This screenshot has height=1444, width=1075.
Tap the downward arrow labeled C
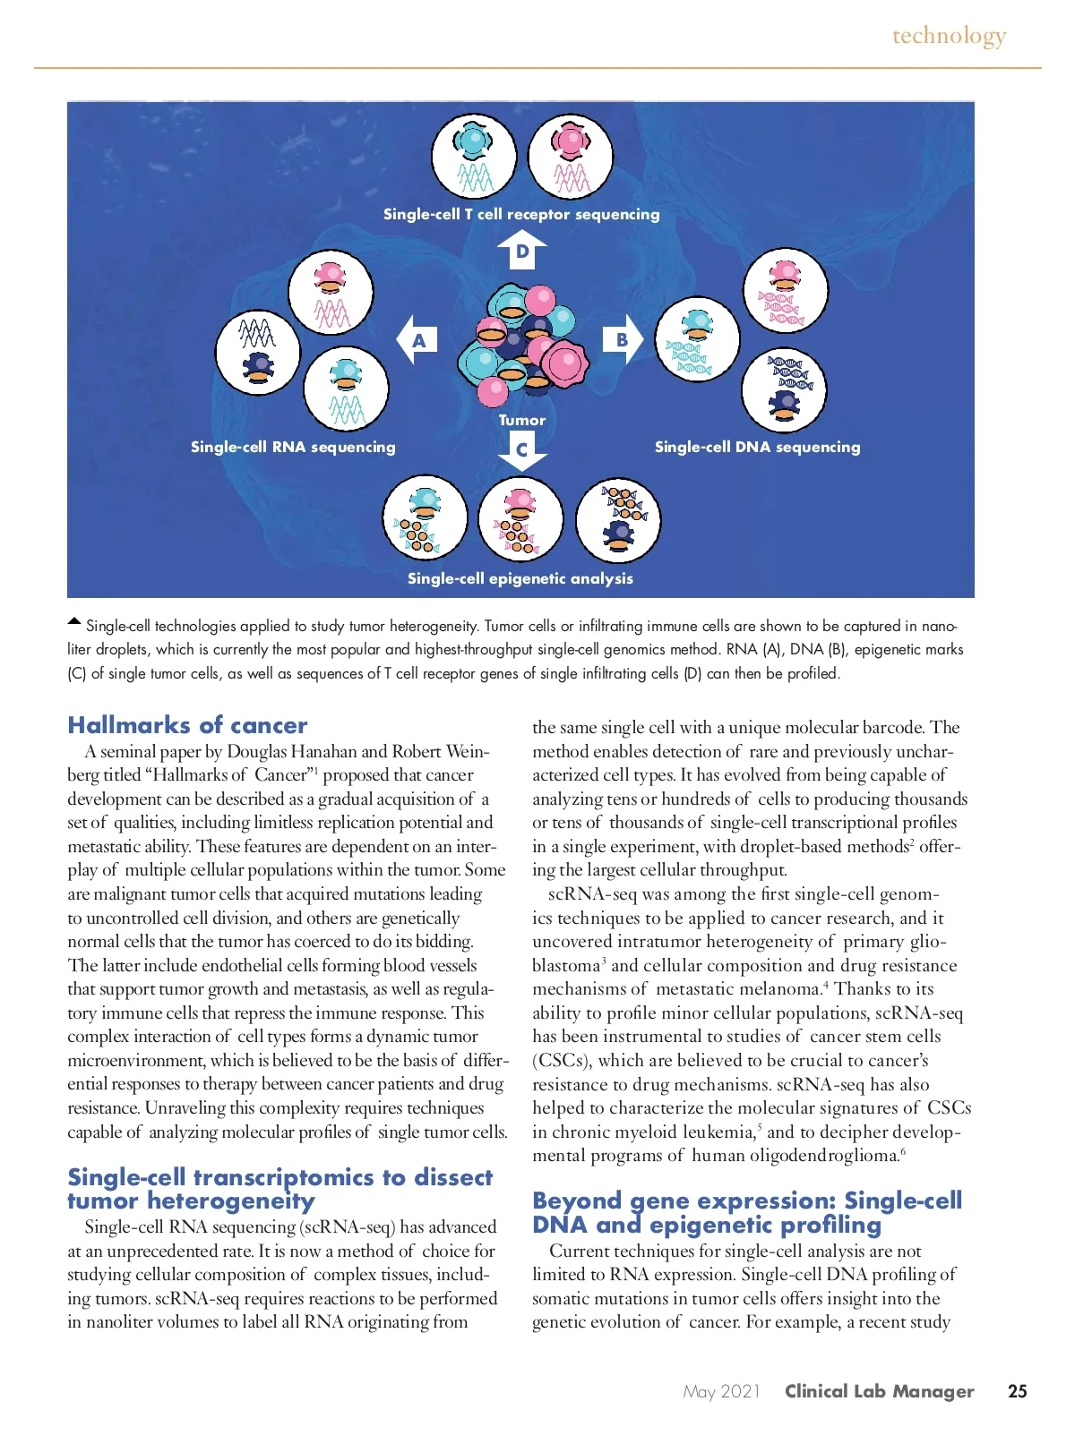522,450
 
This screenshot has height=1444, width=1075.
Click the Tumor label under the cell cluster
522,420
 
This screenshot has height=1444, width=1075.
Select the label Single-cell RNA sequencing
293,447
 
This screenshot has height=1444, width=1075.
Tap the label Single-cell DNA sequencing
757,447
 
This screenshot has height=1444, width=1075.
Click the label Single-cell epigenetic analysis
520,578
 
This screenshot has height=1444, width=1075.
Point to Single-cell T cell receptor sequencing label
521,214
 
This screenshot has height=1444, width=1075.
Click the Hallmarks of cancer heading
187,725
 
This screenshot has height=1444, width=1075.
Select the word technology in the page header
949,36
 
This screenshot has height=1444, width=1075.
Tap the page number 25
1018,1391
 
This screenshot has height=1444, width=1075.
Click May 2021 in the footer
721,1391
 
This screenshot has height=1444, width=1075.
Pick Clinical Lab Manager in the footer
879,1391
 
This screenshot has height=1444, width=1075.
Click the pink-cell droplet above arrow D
571,157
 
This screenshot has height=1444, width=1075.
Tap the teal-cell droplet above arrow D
474,157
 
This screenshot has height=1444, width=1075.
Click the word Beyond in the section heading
577,1200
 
